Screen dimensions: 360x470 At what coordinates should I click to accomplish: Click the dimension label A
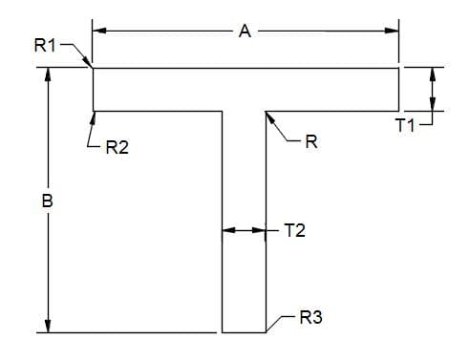(x=245, y=31)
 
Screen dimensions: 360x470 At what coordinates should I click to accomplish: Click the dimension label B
(x=47, y=202)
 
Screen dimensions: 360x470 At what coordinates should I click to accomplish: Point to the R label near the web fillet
(x=310, y=143)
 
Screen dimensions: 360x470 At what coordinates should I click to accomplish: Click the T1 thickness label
(x=406, y=126)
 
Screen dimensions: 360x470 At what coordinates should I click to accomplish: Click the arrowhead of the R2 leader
(x=94, y=116)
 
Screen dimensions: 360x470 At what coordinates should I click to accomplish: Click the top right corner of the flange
(x=398, y=68)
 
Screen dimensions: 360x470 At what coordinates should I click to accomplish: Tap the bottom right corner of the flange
(x=398, y=111)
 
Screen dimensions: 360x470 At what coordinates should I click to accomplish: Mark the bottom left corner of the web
(x=223, y=333)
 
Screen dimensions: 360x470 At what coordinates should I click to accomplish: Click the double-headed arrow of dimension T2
(x=244, y=230)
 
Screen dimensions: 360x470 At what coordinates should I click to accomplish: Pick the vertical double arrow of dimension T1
(x=433, y=89)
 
